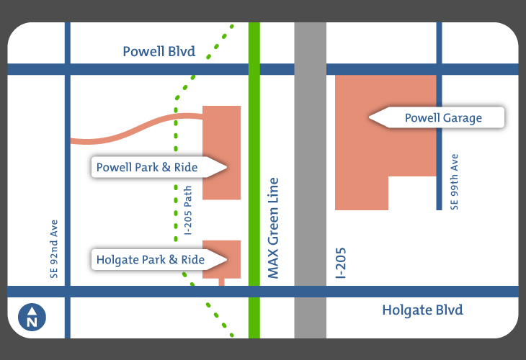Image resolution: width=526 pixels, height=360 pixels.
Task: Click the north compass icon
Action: coord(32,316)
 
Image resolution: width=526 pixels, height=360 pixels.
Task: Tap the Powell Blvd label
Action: coord(159,52)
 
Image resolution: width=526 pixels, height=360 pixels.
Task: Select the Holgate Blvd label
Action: coord(422,310)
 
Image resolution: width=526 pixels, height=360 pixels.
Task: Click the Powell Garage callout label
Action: coord(442,118)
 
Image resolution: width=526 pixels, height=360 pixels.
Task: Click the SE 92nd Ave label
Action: coord(54,248)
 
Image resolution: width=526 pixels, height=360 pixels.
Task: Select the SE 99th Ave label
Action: coord(454,181)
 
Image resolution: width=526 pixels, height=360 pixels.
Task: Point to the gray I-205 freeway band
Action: coord(311,180)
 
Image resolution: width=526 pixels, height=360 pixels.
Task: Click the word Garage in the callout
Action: coord(463,118)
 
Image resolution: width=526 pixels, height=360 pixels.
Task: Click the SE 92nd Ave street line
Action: coord(67,180)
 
